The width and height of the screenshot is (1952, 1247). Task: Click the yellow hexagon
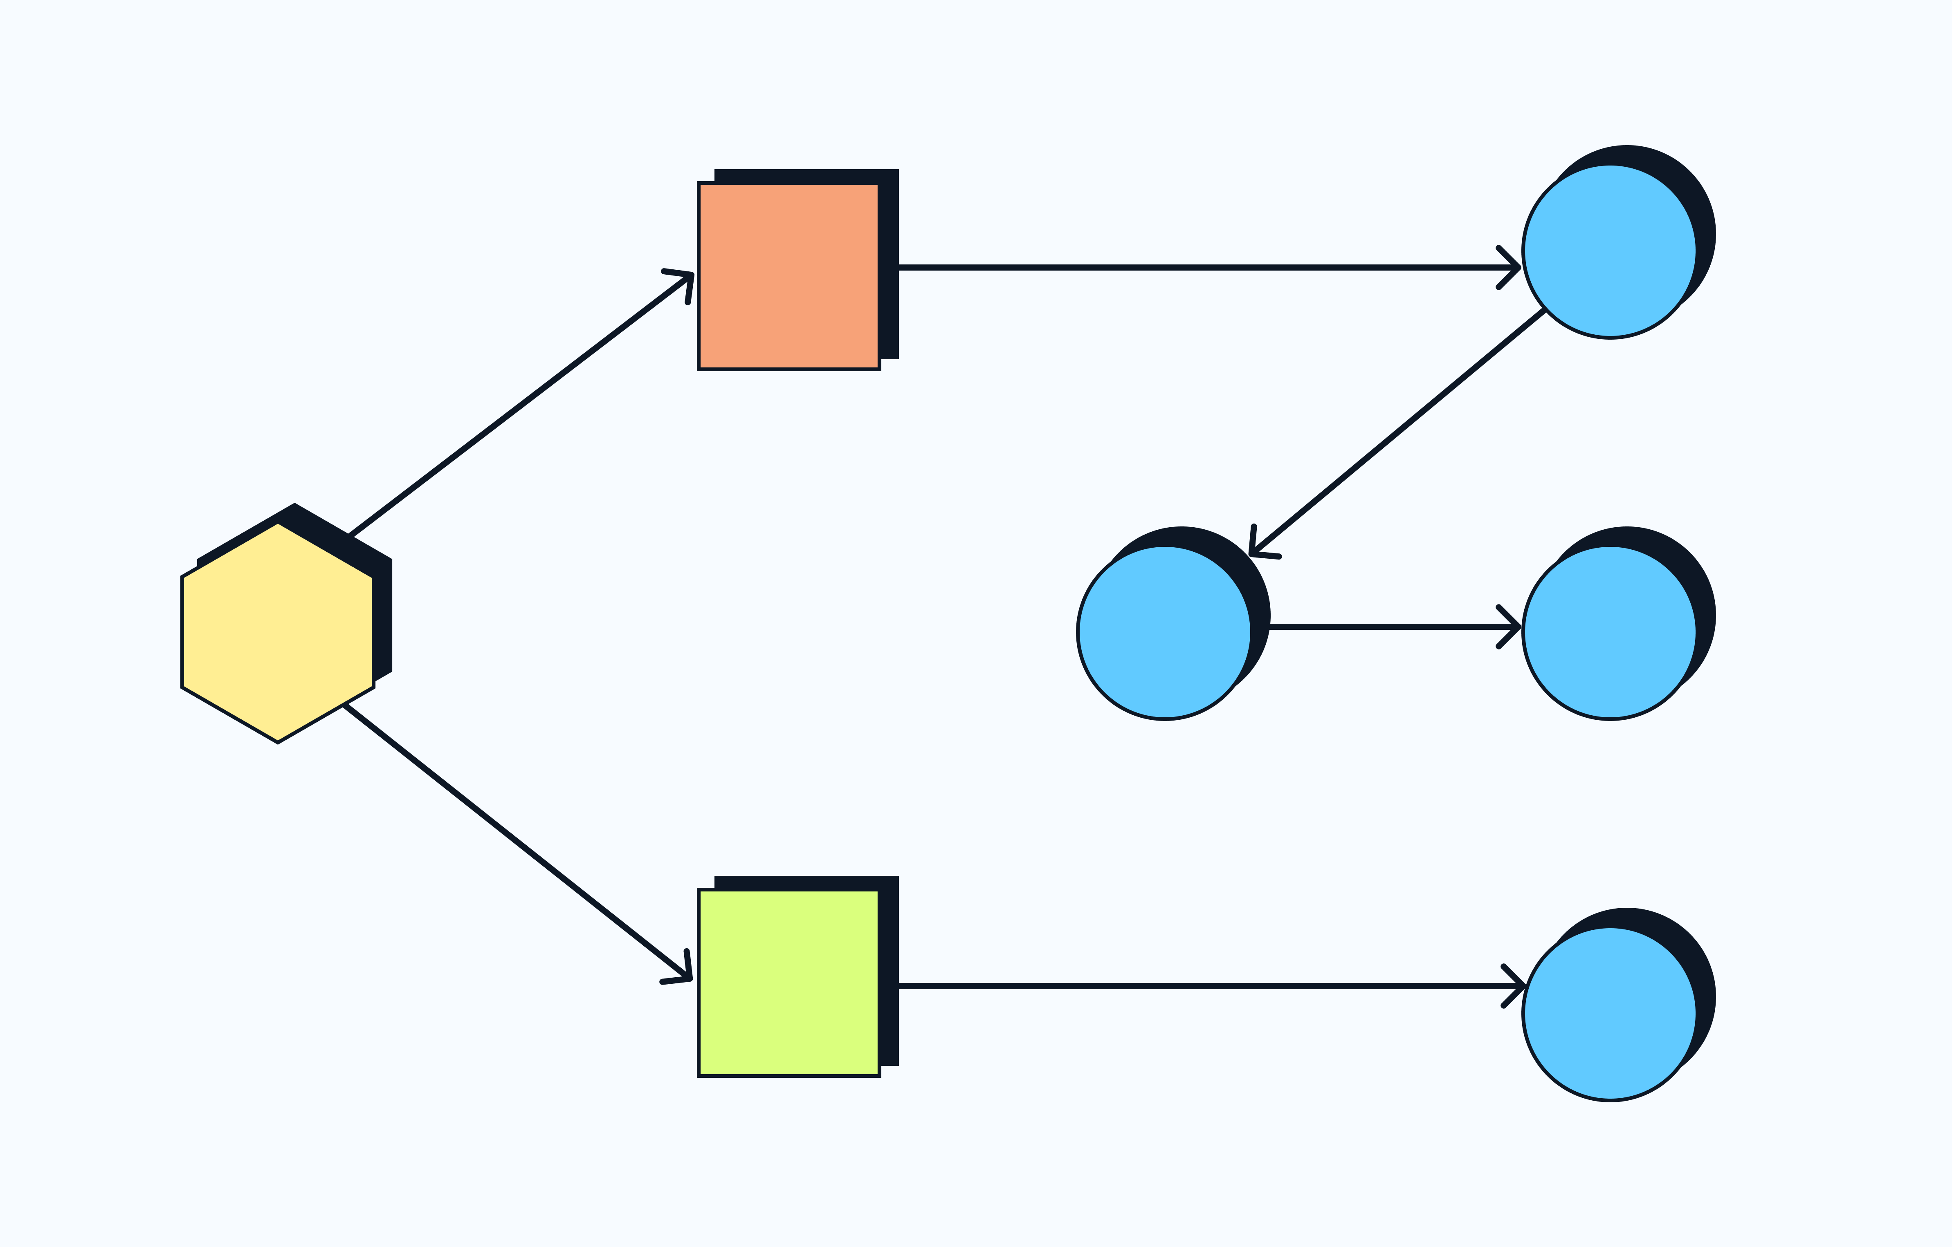tap(277, 632)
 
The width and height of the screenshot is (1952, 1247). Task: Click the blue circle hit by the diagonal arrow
tap(1164, 632)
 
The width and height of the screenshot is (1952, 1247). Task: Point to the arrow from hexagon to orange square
tap(519, 405)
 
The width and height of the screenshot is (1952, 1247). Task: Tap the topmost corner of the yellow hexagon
tap(277, 524)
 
